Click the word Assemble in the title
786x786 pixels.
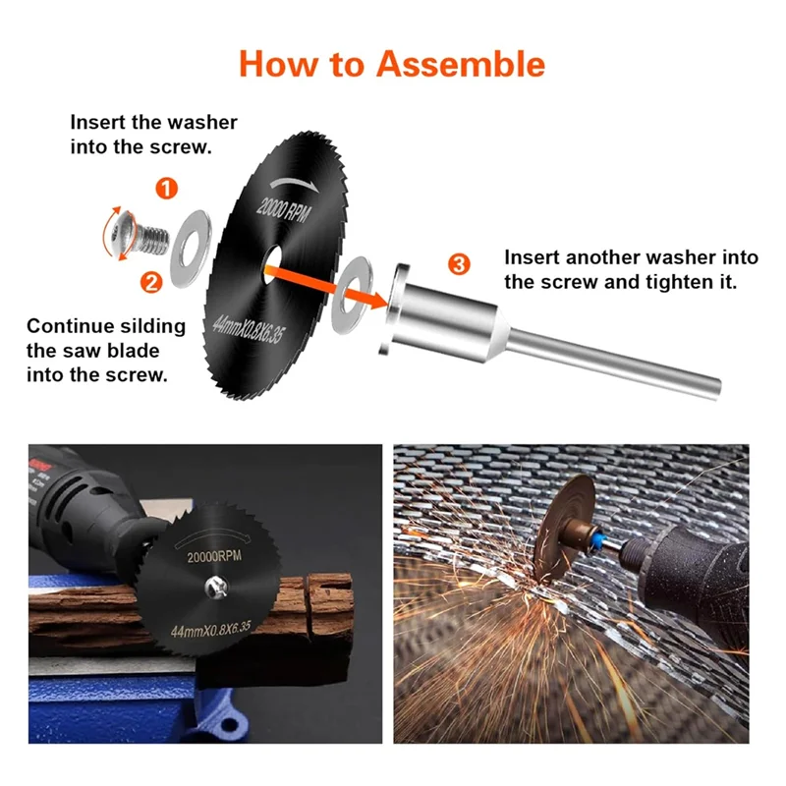tap(460, 64)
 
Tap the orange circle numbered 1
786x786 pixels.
tap(166, 189)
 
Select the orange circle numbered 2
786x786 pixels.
tap(151, 282)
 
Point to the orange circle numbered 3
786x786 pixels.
tap(459, 264)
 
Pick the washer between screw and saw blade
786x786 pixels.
tap(191, 249)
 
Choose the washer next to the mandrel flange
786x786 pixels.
tap(352, 290)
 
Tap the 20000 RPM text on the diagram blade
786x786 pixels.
tap(284, 209)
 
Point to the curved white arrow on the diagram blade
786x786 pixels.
tap(294, 185)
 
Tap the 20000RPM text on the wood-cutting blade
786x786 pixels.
tap(214, 556)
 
